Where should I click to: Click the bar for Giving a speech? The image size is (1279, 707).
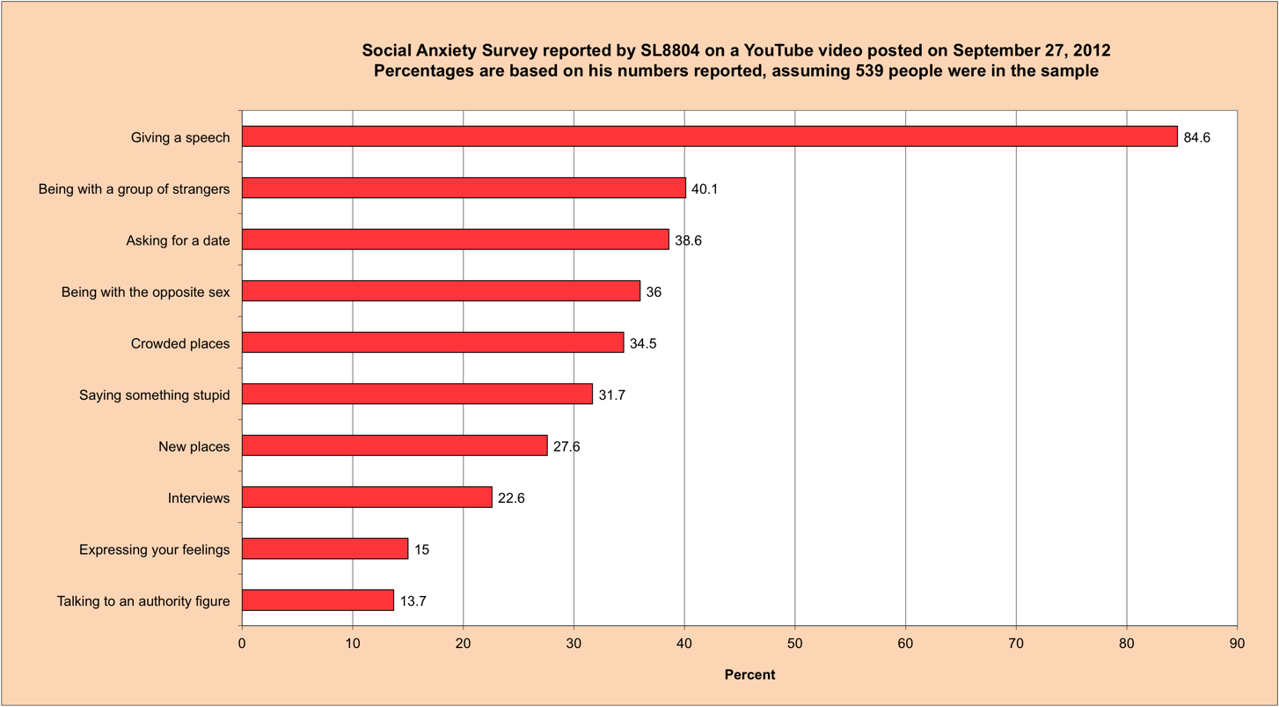(x=709, y=136)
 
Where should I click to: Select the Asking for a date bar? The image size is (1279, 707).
(x=455, y=239)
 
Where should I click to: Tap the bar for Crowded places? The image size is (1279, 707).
(x=433, y=342)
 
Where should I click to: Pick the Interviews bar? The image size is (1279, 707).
(x=367, y=497)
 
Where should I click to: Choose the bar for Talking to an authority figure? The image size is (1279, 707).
(x=318, y=600)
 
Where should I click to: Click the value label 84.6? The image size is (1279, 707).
(x=1196, y=137)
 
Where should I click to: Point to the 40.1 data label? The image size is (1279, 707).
(x=705, y=188)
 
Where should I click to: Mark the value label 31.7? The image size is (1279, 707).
(x=611, y=395)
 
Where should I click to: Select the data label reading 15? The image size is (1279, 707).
(x=422, y=550)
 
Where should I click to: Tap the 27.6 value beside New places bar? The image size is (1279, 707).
(x=566, y=446)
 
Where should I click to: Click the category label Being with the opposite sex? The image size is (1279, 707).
(x=145, y=292)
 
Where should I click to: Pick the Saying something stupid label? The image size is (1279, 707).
(x=154, y=395)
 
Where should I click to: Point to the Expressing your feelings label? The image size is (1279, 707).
(x=154, y=550)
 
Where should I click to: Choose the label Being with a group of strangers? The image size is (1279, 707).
(x=134, y=188)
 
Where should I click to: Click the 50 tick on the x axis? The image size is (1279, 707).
(x=794, y=644)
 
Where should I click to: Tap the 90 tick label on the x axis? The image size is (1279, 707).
(x=1237, y=644)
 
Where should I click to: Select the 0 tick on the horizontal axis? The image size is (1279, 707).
(x=242, y=644)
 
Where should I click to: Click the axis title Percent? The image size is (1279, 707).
(x=749, y=675)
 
